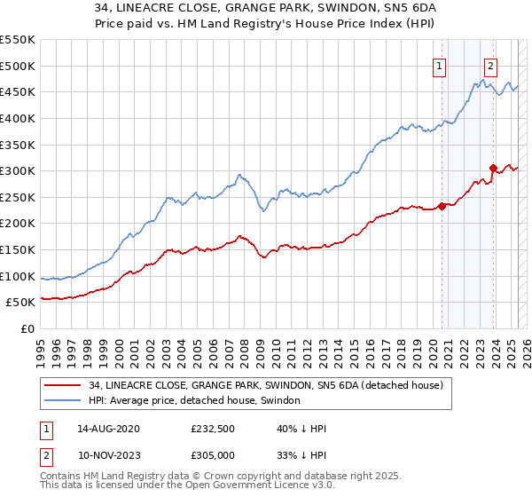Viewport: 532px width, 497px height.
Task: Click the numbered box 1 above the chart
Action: [x=440, y=64]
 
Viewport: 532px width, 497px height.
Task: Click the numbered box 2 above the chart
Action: [x=490, y=64]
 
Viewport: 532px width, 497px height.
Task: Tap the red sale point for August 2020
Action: [x=442, y=207]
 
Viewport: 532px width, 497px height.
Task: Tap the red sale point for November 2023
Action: [x=493, y=168]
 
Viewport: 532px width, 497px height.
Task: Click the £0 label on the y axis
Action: [x=27, y=328]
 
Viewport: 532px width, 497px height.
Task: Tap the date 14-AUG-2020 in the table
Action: [x=108, y=429]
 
